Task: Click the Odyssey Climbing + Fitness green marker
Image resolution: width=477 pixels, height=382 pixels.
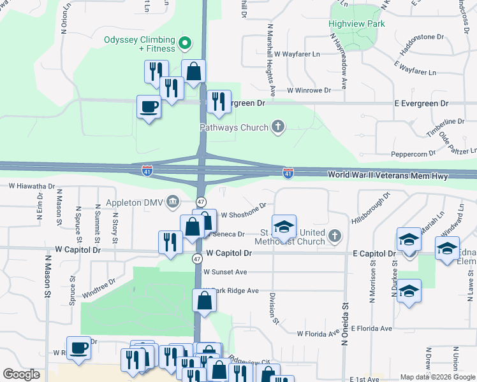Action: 186,44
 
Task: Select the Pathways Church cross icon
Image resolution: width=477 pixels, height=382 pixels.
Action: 277,127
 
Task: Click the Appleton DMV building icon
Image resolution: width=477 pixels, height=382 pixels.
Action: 173,202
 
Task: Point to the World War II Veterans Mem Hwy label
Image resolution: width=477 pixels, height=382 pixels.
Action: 388,175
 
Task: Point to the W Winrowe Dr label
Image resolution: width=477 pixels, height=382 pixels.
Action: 309,90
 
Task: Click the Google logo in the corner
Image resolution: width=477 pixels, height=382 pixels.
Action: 22,374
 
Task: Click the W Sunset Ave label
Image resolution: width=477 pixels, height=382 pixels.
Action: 224,272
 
